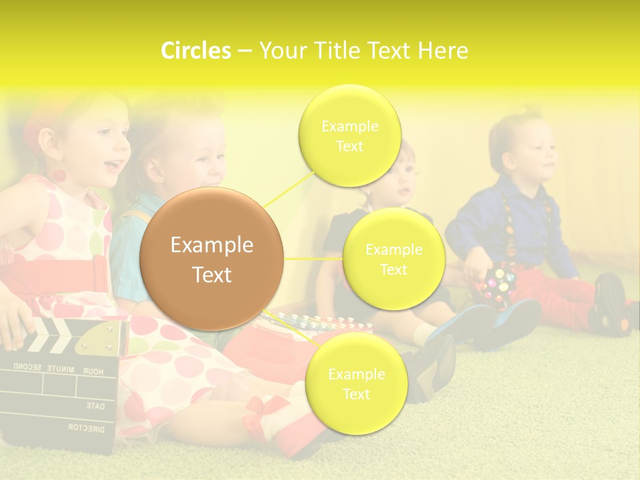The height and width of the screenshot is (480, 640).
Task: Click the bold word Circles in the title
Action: [x=195, y=51]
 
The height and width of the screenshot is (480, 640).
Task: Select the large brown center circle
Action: [x=212, y=259]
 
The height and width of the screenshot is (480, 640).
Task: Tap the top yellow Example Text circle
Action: [x=349, y=135]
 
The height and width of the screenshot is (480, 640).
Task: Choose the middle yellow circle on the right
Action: [x=393, y=259]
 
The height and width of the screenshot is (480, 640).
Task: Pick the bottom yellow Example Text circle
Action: [x=356, y=383]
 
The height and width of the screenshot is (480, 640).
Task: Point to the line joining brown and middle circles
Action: [x=313, y=259]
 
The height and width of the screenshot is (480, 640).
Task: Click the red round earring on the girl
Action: [x=59, y=176]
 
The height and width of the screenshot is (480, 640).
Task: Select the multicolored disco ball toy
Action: [x=493, y=285]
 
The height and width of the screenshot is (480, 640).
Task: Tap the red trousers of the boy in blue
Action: [x=567, y=293]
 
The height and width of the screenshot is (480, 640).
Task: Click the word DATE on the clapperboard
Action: [x=95, y=405]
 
